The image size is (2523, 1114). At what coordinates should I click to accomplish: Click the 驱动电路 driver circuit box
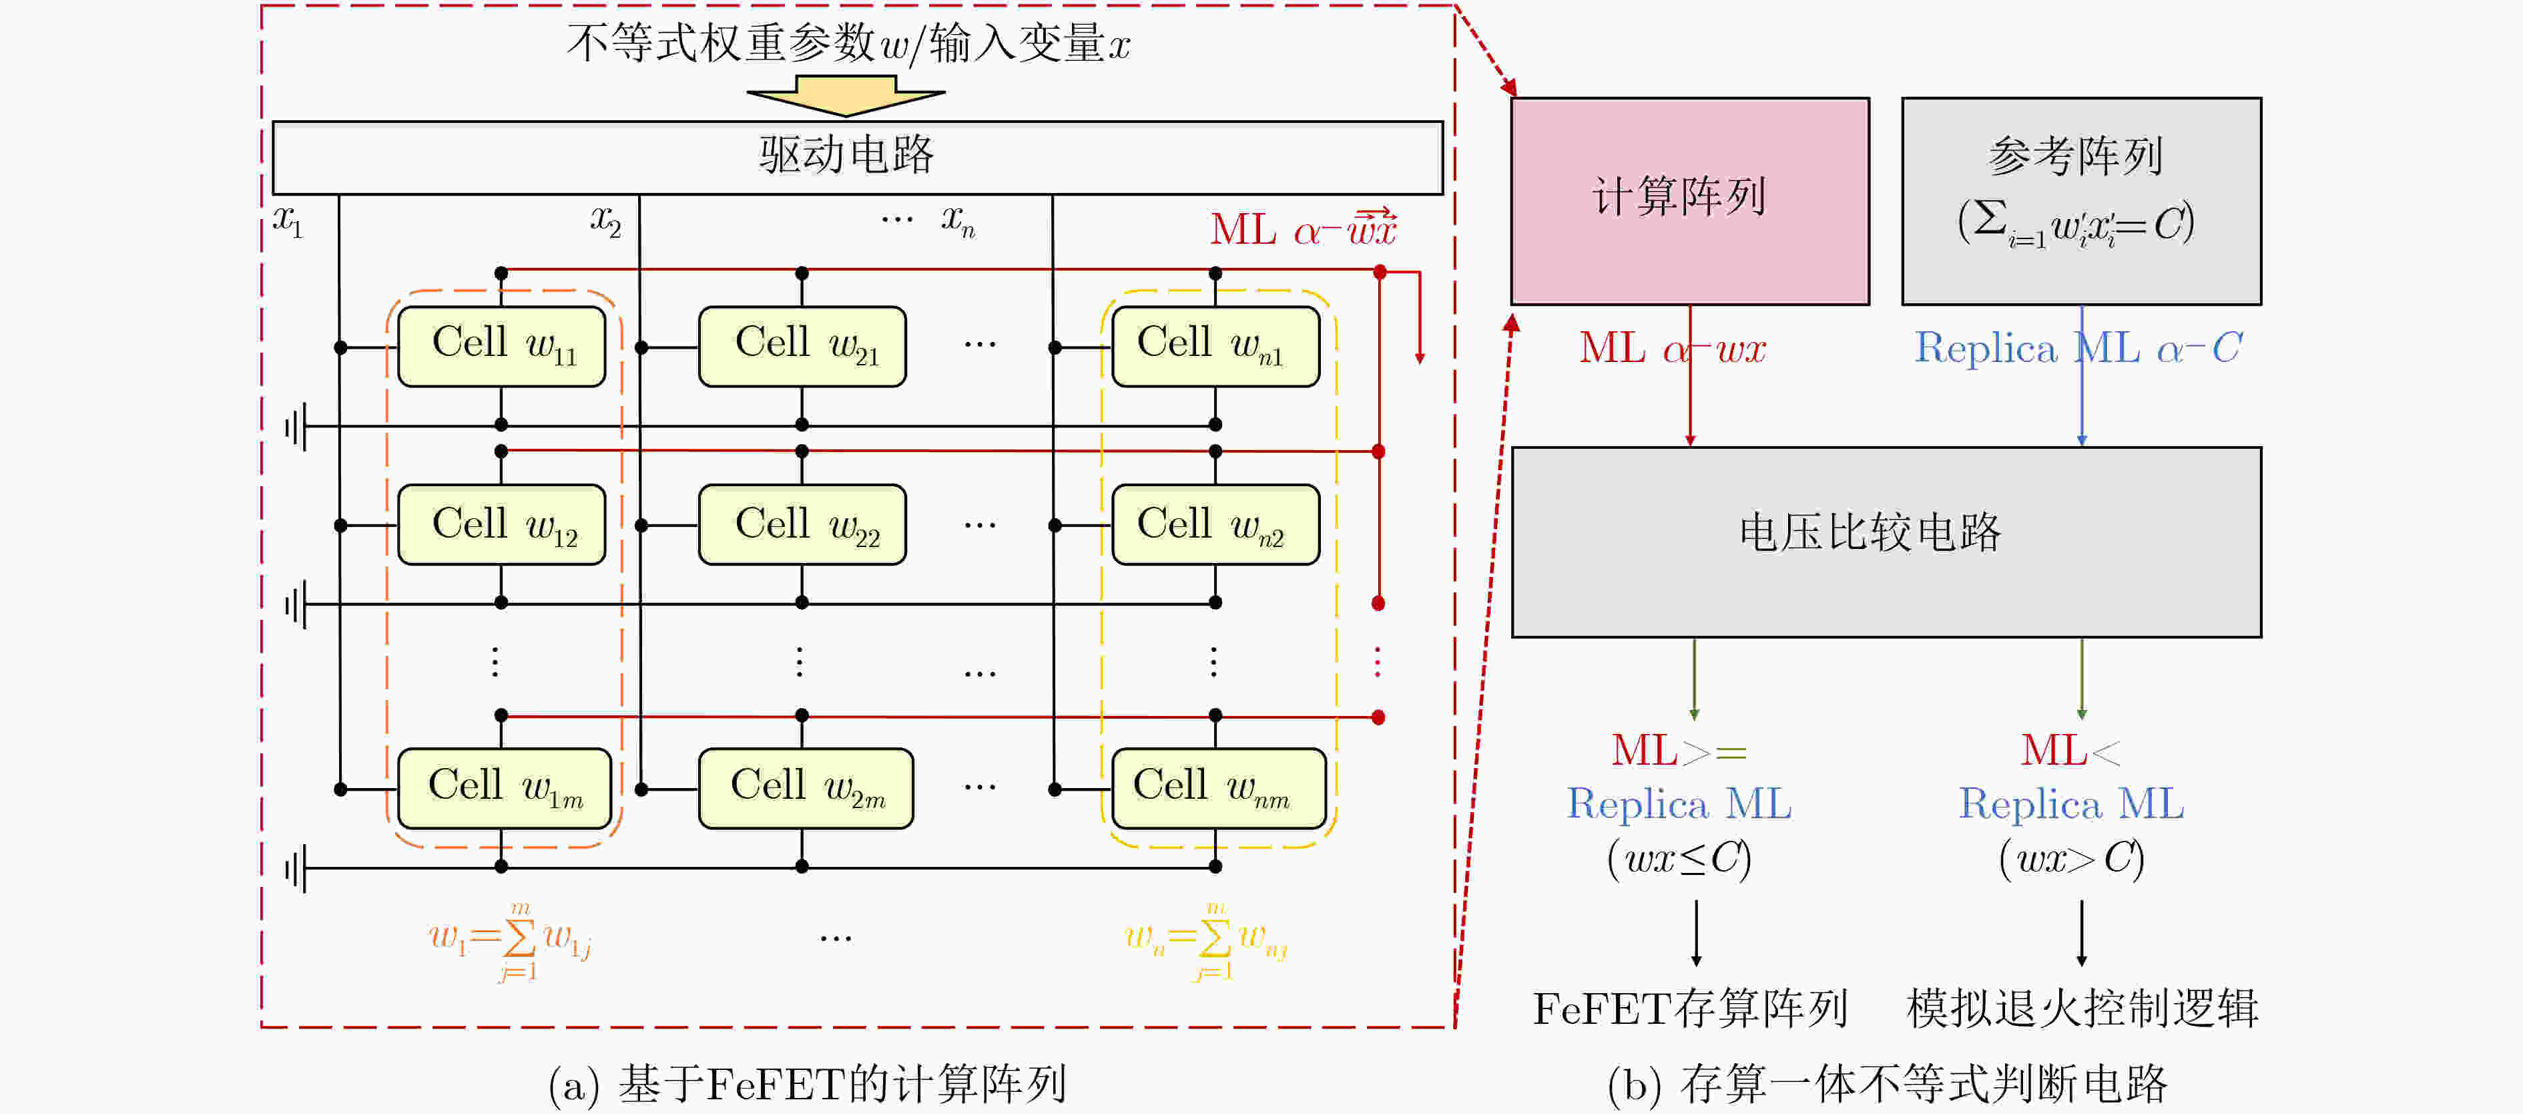click(857, 158)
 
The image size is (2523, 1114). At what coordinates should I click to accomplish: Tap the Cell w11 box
click(501, 347)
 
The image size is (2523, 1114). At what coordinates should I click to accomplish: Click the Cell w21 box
click(802, 347)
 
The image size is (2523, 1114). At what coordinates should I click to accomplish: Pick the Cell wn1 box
click(1215, 347)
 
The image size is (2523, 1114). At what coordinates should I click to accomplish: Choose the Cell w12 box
click(501, 525)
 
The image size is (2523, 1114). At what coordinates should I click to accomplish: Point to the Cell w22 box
click(802, 525)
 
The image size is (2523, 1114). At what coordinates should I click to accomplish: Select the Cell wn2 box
click(1215, 525)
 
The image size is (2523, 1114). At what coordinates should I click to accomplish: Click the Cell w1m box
click(505, 789)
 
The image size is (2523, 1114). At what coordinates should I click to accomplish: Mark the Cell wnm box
click(1218, 789)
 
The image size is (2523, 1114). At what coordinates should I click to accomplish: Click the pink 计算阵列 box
click(1691, 201)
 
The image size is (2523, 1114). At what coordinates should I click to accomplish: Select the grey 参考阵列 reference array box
click(2081, 201)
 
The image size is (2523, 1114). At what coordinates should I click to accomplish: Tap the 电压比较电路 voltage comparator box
click(1886, 542)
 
